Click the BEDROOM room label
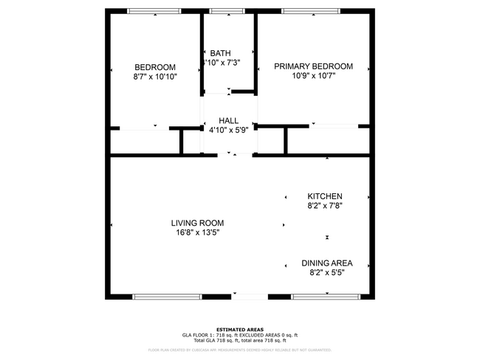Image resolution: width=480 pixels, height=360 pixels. click(154, 66)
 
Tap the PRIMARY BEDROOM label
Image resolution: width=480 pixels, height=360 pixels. click(313, 66)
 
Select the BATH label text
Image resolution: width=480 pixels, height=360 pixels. click(220, 53)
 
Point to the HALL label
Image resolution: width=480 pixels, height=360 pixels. click(228, 121)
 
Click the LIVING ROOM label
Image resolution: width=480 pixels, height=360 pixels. click(197, 223)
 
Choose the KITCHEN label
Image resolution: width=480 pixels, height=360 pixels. click(325, 196)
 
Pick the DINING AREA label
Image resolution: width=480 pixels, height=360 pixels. click(326, 263)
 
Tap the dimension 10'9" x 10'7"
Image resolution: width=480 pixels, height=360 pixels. click(313, 76)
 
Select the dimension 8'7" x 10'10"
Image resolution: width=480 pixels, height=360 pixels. click(155, 76)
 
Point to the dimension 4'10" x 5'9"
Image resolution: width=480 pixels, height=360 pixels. click(228, 131)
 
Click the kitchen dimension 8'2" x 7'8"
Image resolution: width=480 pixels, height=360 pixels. click(325, 206)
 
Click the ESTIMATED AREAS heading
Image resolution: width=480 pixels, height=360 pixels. click(239, 330)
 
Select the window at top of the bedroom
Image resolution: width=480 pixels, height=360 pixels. click(154, 11)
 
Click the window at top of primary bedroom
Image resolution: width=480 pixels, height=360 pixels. click(310, 11)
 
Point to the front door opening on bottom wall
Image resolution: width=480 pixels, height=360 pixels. click(249, 297)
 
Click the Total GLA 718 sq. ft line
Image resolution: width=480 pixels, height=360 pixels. click(239, 340)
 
